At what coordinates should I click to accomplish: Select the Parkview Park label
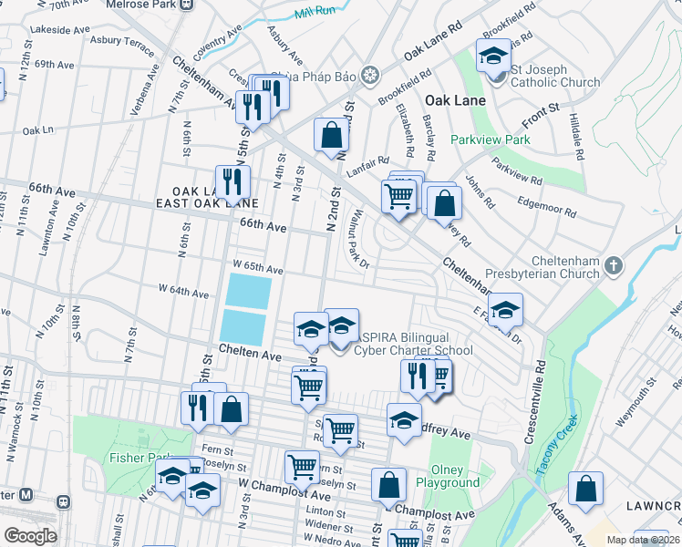(x=490, y=140)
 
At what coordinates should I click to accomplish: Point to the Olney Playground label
(x=448, y=476)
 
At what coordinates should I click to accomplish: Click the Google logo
(x=30, y=535)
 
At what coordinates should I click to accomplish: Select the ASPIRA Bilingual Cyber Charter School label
(x=413, y=344)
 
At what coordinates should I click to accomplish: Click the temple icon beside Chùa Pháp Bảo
(x=370, y=74)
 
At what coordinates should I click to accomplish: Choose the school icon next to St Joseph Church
(x=493, y=57)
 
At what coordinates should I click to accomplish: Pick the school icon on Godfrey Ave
(x=404, y=419)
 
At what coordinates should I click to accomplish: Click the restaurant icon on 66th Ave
(x=232, y=181)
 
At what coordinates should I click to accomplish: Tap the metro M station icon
(x=26, y=495)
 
